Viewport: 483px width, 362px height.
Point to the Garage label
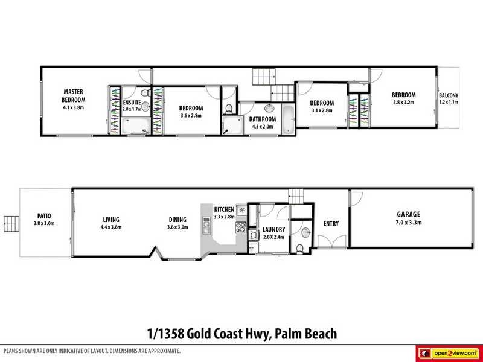point(408,214)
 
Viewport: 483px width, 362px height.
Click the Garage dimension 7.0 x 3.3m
point(408,223)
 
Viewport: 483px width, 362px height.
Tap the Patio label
point(44,215)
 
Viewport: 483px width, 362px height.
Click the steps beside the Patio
point(10,224)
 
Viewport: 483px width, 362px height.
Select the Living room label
point(110,219)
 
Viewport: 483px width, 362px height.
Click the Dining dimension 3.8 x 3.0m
point(178,227)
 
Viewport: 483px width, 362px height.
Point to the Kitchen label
point(224,209)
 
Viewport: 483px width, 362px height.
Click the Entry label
point(331,224)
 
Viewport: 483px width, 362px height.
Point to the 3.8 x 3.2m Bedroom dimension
point(403,103)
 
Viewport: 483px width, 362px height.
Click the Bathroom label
point(261,119)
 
